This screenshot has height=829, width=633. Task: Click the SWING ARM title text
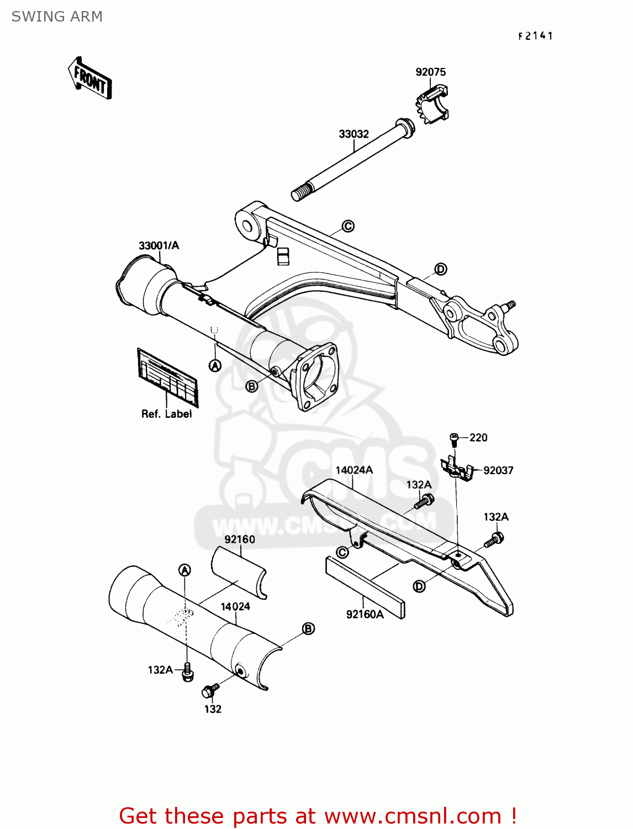click(57, 17)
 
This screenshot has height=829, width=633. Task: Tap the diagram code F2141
click(535, 36)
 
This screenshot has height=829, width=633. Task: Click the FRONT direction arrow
click(90, 79)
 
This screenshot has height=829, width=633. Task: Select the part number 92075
click(430, 72)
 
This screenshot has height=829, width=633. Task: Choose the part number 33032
click(354, 134)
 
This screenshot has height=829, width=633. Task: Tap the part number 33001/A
click(159, 245)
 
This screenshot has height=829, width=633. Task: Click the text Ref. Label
click(166, 414)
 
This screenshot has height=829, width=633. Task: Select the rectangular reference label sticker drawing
click(167, 377)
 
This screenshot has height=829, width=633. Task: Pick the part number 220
click(478, 438)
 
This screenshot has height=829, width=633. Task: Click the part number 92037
click(498, 470)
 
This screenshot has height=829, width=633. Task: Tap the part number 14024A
click(354, 470)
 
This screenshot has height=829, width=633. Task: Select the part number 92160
click(240, 539)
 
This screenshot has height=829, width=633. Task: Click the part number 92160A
click(365, 614)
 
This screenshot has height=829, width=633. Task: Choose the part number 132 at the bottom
click(213, 709)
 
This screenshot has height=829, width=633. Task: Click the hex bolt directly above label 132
click(210, 690)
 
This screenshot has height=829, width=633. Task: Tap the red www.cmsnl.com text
click(413, 816)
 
